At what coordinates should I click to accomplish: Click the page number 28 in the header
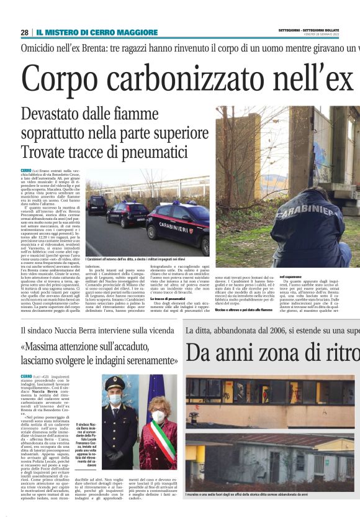point(24,32)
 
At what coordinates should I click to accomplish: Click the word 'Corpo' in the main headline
point(60,78)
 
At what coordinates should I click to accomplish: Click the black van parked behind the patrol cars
point(97,204)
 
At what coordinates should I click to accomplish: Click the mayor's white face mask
point(158,416)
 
